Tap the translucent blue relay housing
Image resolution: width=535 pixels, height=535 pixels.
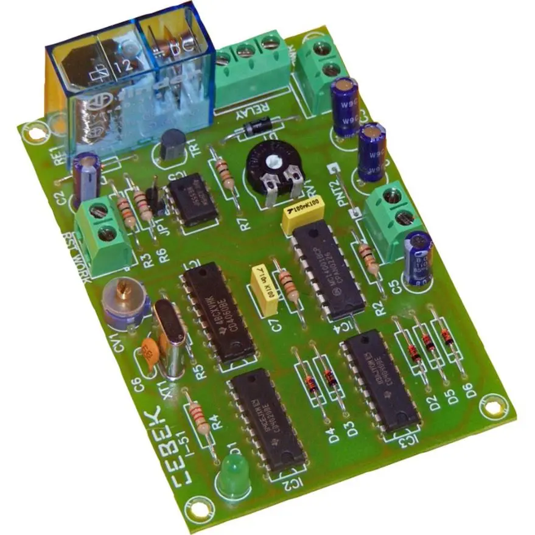click(x=131, y=79)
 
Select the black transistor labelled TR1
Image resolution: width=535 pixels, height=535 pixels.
click(x=172, y=145)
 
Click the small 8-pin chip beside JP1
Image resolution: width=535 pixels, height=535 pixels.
click(x=193, y=199)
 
